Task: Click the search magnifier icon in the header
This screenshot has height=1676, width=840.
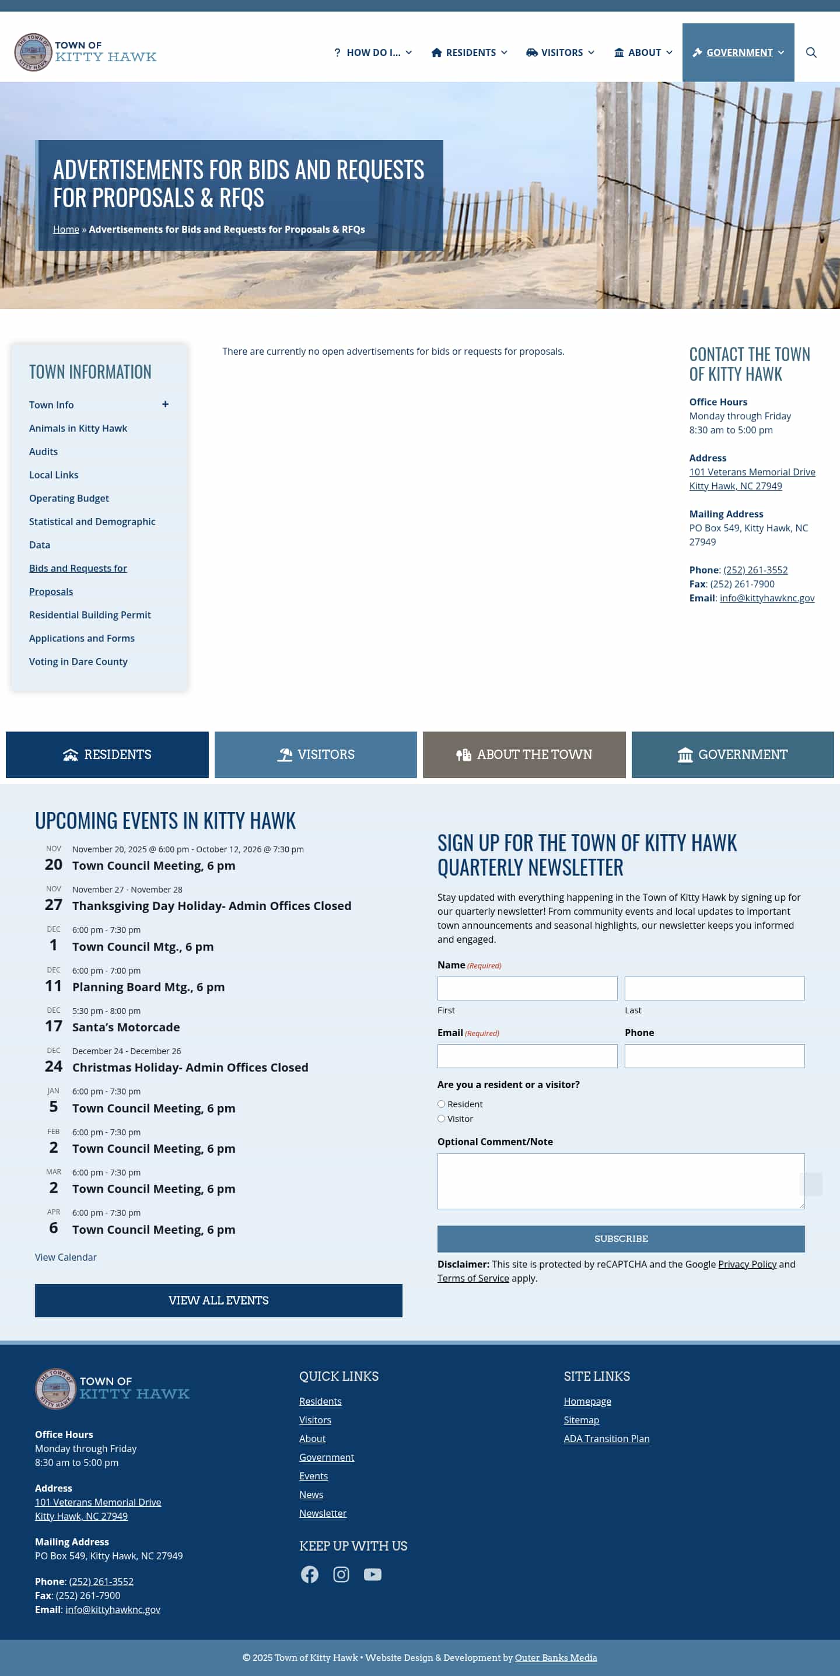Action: click(x=811, y=53)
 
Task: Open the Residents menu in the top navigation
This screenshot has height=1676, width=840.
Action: click(x=469, y=53)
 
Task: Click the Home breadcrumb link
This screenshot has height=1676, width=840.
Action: click(x=66, y=230)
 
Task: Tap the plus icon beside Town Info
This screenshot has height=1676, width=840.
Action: click(x=165, y=405)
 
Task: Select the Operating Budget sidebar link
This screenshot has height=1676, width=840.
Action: click(x=69, y=498)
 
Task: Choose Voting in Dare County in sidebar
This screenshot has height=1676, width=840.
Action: click(x=78, y=662)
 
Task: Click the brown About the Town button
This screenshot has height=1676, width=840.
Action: click(x=524, y=755)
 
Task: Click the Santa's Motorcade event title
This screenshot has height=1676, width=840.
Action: click(x=126, y=1027)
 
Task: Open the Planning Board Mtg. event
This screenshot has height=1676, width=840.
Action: click(x=148, y=987)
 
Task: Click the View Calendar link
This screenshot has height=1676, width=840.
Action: click(x=66, y=1257)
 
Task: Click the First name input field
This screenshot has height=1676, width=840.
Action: click(x=527, y=988)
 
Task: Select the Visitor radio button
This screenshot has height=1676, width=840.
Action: click(x=441, y=1119)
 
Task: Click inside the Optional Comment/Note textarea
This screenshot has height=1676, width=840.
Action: click(x=620, y=1181)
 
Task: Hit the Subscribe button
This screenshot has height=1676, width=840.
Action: click(x=620, y=1239)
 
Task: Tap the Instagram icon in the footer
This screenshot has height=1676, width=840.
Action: click(x=341, y=1574)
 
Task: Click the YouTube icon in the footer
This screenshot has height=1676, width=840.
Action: click(x=372, y=1574)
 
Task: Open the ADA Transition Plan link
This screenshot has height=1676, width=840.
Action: click(x=607, y=1439)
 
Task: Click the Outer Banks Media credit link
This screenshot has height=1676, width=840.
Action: click(x=556, y=1657)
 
